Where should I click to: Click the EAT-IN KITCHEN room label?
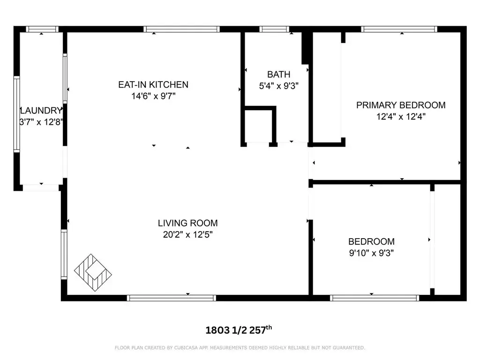point(153,84)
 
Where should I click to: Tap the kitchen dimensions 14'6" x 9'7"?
point(153,96)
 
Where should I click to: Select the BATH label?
point(278,75)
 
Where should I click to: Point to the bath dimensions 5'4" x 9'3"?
point(278,86)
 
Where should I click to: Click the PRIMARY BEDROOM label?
point(401,105)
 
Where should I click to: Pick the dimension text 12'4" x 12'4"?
point(401,117)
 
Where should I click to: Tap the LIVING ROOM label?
point(187,223)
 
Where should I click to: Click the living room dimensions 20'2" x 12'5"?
point(187,234)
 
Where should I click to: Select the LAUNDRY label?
point(41,111)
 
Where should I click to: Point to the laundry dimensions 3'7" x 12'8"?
point(41,122)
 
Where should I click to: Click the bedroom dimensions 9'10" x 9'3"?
point(371,253)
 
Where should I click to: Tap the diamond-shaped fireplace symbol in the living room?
point(93,272)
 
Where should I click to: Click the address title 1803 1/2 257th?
point(239,330)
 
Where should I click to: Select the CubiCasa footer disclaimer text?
point(240,348)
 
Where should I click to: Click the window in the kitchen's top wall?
point(181,29)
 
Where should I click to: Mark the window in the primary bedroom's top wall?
point(399,29)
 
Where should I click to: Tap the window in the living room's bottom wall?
point(172,298)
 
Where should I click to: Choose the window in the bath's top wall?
point(274,29)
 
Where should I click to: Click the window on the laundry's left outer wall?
point(16,114)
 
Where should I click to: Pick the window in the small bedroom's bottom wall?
point(375,298)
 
